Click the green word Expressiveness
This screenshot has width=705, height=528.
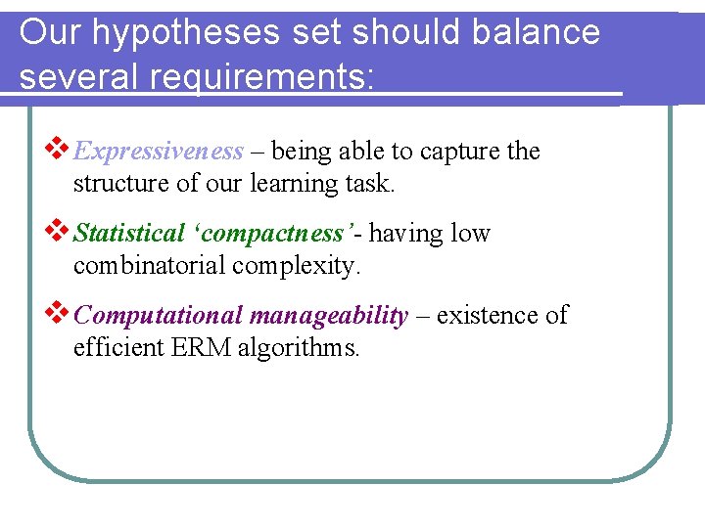pyautogui.click(x=159, y=152)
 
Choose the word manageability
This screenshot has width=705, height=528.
pyautogui.click(x=329, y=316)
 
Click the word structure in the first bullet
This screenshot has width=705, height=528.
pyautogui.click(x=117, y=183)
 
